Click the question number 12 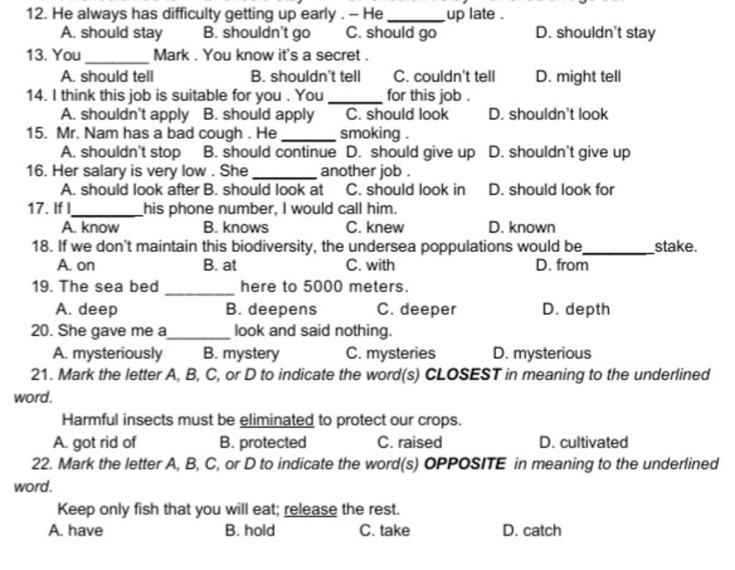(x=35, y=14)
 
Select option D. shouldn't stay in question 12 (x=595, y=33)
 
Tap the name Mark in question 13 (x=170, y=55)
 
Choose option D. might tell (x=578, y=77)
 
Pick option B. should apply (x=258, y=115)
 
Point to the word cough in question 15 (x=223, y=134)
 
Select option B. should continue (x=269, y=152)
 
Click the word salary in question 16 (x=102, y=171)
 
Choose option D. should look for (x=551, y=190)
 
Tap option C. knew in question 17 (x=375, y=228)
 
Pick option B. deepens (x=271, y=310)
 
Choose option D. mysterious (x=542, y=354)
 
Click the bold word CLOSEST (x=462, y=375)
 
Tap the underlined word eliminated (x=276, y=420)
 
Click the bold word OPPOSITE (x=464, y=464)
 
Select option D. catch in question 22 (x=532, y=531)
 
